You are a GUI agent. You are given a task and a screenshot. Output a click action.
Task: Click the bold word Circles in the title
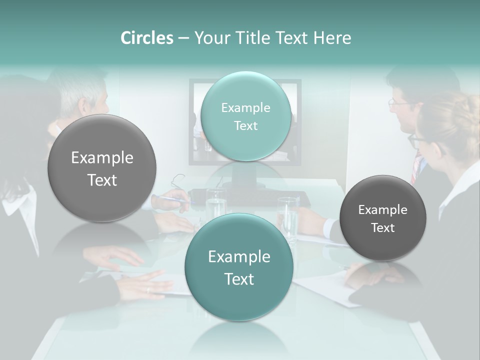coord(147,38)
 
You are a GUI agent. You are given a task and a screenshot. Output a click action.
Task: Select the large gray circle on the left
coord(102,168)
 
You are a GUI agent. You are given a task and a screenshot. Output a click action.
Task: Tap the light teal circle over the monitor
coord(246,116)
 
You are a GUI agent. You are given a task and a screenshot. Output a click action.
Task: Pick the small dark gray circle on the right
coord(383,218)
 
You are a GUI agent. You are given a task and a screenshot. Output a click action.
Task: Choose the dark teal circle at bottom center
coord(239,267)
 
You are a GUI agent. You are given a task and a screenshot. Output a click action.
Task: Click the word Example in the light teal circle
coord(246,107)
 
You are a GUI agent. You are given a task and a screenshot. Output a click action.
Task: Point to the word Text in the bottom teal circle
coord(239,279)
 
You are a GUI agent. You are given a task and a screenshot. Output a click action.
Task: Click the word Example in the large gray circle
coord(102,158)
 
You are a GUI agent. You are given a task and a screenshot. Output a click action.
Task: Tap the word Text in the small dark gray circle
coord(383,228)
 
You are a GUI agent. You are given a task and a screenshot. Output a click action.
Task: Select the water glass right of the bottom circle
coord(288,217)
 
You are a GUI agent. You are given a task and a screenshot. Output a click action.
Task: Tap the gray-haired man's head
coord(85,95)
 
